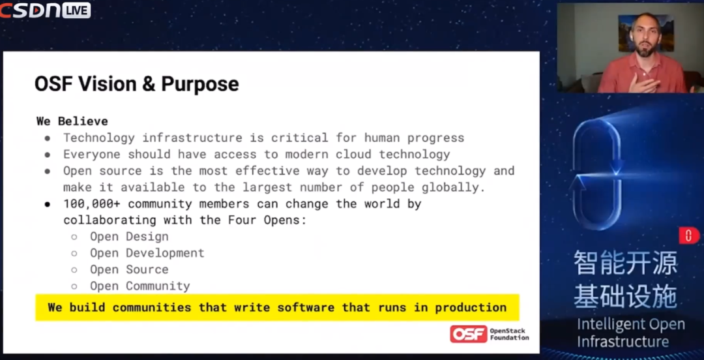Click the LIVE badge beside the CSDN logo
76,10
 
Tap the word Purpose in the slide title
200,85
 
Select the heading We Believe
72,121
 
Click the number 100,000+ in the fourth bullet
92,204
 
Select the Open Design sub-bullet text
129,236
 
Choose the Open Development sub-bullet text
147,253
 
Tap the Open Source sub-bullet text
129,269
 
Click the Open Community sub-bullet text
140,286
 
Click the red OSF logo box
468,335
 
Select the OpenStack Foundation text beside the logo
509,335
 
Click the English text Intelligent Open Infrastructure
631,333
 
